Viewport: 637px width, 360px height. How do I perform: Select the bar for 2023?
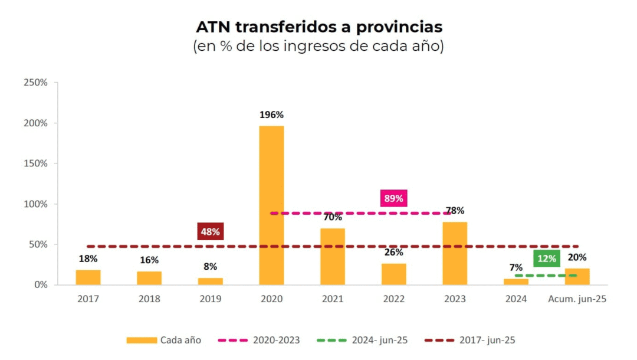click(x=455, y=253)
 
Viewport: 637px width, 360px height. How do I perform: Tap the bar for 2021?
click(x=333, y=256)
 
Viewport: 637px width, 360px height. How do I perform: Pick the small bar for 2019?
click(x=211, y=282)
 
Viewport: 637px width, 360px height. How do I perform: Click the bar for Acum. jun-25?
click(x=577, y=277)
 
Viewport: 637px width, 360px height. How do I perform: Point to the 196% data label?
click(x=271, y=114)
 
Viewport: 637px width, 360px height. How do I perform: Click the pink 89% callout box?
click(x=393, y=198)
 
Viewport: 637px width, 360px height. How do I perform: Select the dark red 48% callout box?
click(x=211, y=231)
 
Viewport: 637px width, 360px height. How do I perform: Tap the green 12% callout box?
click(x=547, y=258)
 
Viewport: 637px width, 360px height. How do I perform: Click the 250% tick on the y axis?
click(x=35, y=83)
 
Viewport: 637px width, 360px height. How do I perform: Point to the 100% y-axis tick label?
click(x=35, y=204)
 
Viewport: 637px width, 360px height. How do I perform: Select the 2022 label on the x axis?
click(x=394, y=299)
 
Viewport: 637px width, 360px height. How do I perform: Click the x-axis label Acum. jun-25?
click(x=577, y=299)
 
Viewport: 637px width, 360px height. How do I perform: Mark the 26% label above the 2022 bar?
click(x=393, y=252)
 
